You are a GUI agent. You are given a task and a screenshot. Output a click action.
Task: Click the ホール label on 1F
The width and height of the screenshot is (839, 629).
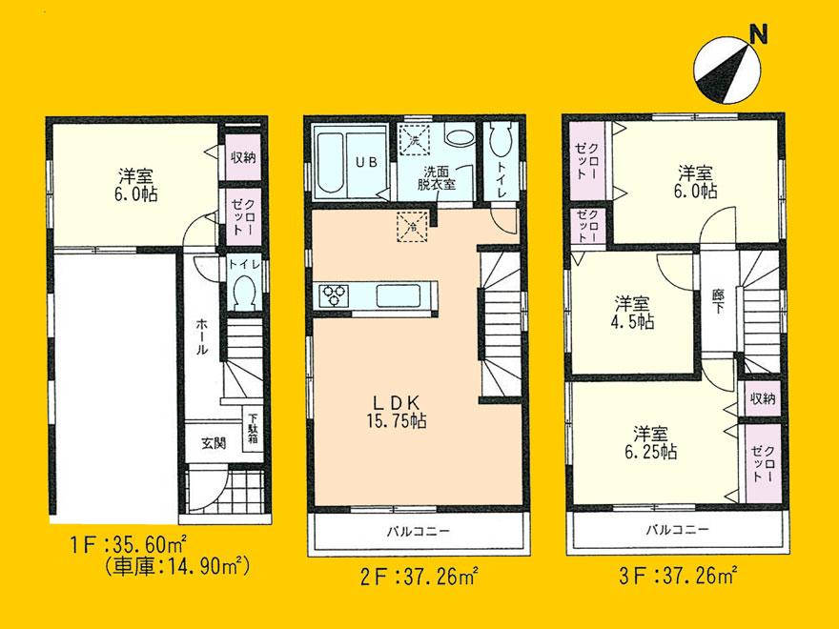[202, 336]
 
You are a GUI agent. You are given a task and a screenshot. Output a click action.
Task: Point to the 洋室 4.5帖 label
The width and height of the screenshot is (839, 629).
[633, 313]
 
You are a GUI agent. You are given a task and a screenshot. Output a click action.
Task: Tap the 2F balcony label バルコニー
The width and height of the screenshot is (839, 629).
[418, 531]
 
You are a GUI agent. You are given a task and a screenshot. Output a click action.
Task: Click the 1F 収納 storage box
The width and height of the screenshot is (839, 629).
[242, 157]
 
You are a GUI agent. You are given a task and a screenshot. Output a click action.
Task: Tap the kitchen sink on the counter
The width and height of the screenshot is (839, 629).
[393, 294]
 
